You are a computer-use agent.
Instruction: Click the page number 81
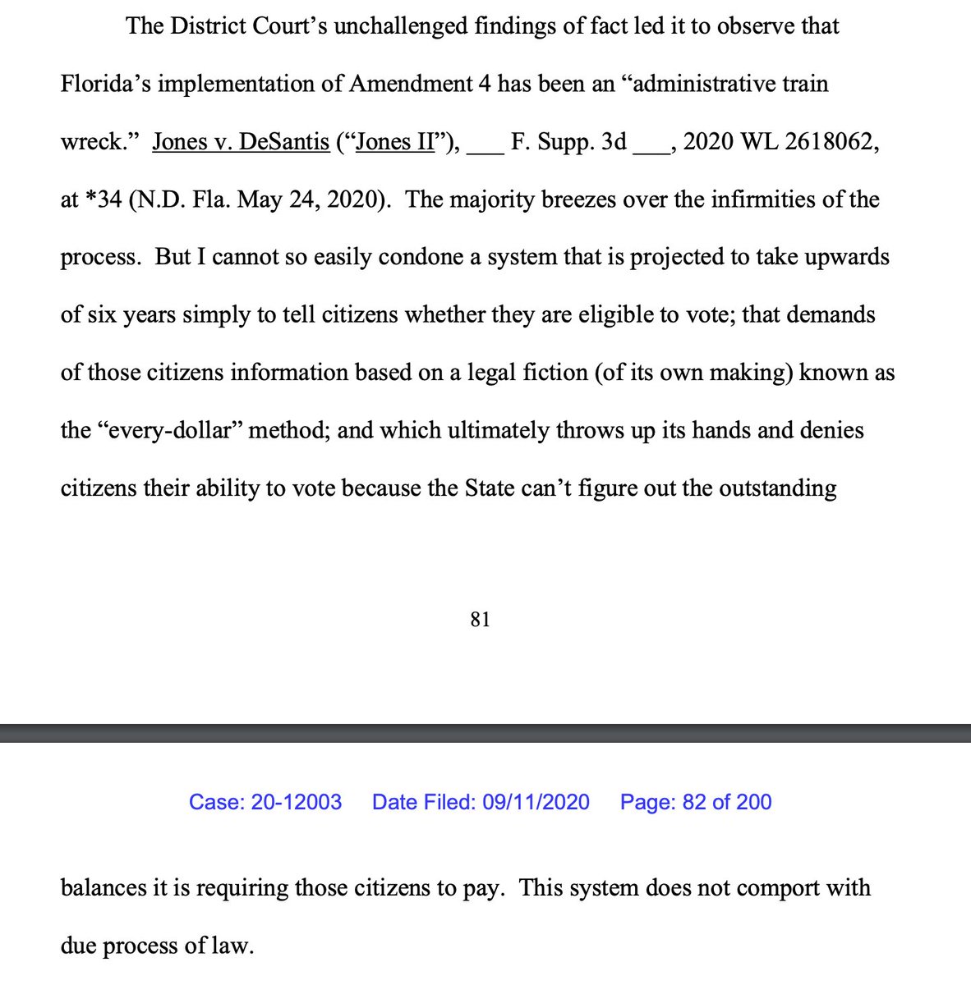[481, 620]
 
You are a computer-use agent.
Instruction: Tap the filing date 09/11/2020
[536, 802]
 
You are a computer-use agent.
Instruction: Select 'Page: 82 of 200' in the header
[696, 802]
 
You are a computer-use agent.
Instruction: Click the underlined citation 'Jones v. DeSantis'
[241, 142]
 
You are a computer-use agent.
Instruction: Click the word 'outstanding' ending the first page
[777, 488]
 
